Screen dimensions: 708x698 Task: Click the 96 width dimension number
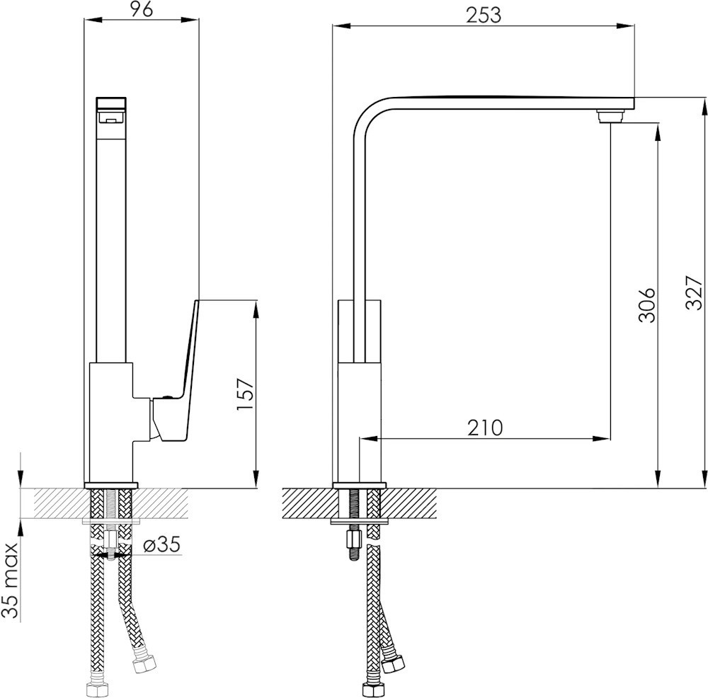pos(142,9)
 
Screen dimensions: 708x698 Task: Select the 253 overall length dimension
pos(484,16)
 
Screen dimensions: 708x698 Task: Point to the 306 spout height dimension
pos(646,304)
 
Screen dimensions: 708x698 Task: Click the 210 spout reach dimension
pos(484,428)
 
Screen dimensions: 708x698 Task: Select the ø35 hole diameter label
pos(161,544)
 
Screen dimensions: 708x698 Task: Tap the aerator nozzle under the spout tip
pos(610,115)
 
